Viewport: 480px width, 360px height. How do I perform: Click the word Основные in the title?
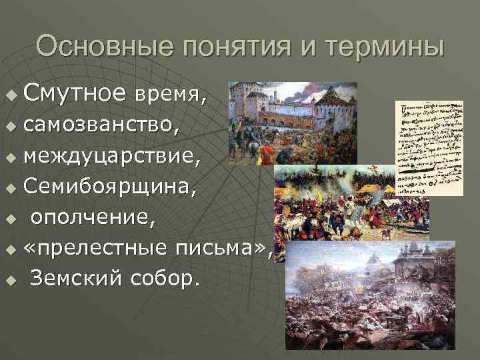tap(97, 47)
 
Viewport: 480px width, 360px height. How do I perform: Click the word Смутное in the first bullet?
tap(74, 95)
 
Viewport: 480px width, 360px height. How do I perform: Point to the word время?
tap(168, 97)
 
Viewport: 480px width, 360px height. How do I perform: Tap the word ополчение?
tap(87, 217)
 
